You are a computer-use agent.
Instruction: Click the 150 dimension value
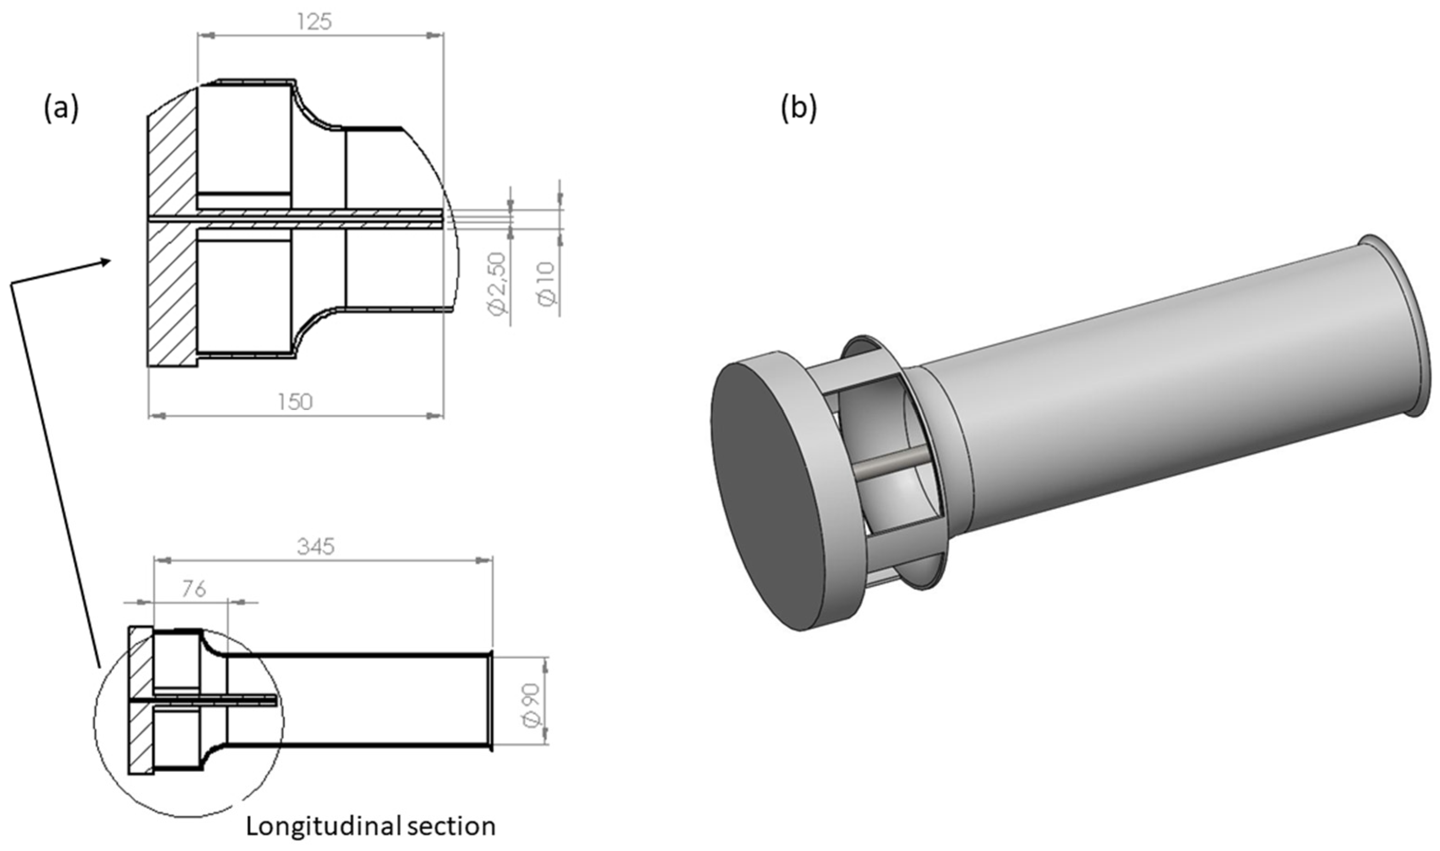pos(295,402)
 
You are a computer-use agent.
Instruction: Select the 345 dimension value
pos(316,547)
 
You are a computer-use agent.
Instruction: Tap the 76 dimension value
pos(194,589)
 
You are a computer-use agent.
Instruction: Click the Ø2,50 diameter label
pos(497,284)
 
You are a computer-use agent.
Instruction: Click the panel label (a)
pos(61,109)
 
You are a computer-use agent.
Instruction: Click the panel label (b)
pos(798,109)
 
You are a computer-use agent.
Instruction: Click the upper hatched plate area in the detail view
pos(172,155)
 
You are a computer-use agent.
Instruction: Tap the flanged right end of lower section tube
pos(490,700)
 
